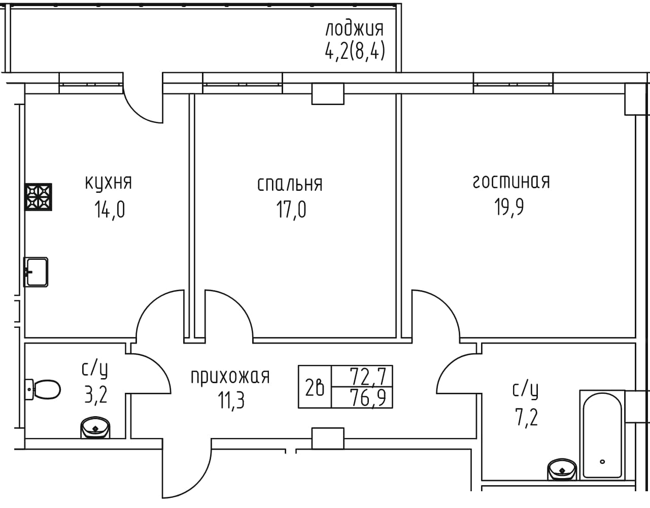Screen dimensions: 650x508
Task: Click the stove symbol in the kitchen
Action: click(38, 197)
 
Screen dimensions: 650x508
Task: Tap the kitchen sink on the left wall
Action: click(36, 272)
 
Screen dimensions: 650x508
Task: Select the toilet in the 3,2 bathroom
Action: click(43, 390)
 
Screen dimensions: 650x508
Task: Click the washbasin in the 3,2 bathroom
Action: click(95, 428)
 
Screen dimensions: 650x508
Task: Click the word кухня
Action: click(109, 183)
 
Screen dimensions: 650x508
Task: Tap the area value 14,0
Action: click(110, 210)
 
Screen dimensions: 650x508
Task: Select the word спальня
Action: click(290, 184)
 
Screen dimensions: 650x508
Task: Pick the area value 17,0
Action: click(291, 210)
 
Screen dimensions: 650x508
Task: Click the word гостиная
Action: click(511, 182)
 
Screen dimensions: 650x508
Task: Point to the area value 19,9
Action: click(509, 207)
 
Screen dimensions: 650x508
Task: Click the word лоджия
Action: click(355, 29)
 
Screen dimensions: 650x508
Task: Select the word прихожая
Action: click(230, 377)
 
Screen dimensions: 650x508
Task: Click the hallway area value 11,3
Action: click(231, 400)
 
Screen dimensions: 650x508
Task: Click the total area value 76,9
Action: click(368, 398)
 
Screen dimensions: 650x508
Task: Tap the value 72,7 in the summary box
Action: click(368, 377)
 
